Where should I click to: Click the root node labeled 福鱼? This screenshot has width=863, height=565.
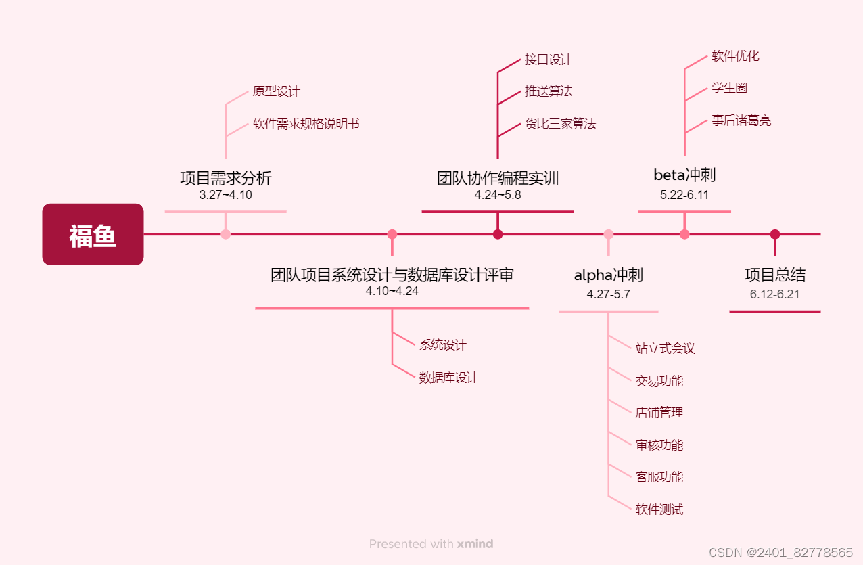click(93, 235)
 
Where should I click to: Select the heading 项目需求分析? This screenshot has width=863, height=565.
click(226, 179)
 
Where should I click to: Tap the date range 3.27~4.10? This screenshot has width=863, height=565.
click(226, 195)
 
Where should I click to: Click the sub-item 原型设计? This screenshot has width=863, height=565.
click(276, 91)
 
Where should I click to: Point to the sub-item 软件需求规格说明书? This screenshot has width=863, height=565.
click(306, 124)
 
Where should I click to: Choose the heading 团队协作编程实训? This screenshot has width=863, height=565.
click(498, 179)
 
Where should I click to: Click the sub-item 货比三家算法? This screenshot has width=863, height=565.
click(560, 124)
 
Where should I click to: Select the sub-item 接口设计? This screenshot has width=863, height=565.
click(548, 60)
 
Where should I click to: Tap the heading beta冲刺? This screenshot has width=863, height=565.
click(684, 175)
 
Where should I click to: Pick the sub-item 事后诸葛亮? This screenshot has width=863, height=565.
click(741, 121)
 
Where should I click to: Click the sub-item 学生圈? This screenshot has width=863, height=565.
click(729, 89)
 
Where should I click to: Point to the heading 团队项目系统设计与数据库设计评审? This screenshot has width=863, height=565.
click(392, 275)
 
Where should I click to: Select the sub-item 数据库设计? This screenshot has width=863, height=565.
click(448, 378)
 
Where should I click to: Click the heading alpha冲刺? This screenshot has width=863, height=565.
click(608, 275)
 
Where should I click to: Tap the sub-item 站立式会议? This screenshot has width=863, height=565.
click(665, 348)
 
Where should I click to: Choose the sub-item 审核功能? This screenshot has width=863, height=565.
click(659, 445)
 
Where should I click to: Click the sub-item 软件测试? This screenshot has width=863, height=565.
click(659, 510)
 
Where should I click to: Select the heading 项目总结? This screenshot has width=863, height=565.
click(775, 275)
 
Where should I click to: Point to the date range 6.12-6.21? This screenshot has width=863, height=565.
click(775, 294)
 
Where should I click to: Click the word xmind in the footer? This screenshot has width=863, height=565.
click(475, 544)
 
